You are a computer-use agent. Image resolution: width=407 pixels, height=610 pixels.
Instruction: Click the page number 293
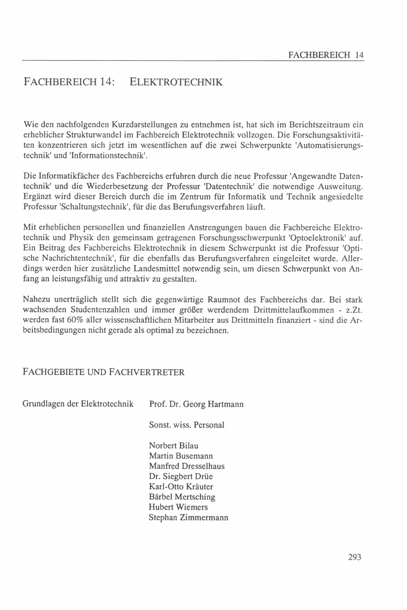click(354, 557)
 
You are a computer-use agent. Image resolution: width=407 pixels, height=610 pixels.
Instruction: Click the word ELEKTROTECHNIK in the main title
click(176, 82)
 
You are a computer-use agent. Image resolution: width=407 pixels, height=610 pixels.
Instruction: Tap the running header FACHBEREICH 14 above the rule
click(326, 55)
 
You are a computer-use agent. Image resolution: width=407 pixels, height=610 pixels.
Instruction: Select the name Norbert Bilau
click(173, 446)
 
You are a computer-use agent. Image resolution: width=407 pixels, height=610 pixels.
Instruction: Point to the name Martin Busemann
click(181, 456)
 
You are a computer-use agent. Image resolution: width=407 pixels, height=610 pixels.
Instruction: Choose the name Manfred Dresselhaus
click(187, 466)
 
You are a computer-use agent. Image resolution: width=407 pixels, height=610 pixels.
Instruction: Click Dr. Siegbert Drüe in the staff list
click(181, 476)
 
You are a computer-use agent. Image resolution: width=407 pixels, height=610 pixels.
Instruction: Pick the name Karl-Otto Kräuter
click(181, 487)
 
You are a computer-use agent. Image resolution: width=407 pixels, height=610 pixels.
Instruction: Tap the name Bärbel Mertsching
click(182, 497)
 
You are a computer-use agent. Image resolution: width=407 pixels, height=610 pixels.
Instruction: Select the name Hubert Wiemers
click(178, 507)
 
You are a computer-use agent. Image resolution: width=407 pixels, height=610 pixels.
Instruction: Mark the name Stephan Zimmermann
click(188, 517)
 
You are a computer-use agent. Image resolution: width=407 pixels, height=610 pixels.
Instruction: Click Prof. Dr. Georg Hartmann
click(196, 404)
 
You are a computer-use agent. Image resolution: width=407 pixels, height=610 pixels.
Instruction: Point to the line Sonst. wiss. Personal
click(187, 425)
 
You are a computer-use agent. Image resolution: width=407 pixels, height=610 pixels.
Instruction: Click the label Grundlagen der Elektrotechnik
click(78, 404)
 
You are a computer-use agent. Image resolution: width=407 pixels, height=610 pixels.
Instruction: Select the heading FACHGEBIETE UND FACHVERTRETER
click(104, 372)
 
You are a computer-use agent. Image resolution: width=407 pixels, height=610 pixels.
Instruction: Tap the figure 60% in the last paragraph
click(75, 320)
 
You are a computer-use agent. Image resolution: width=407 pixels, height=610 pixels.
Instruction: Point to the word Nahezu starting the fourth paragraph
click(36, 299)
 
